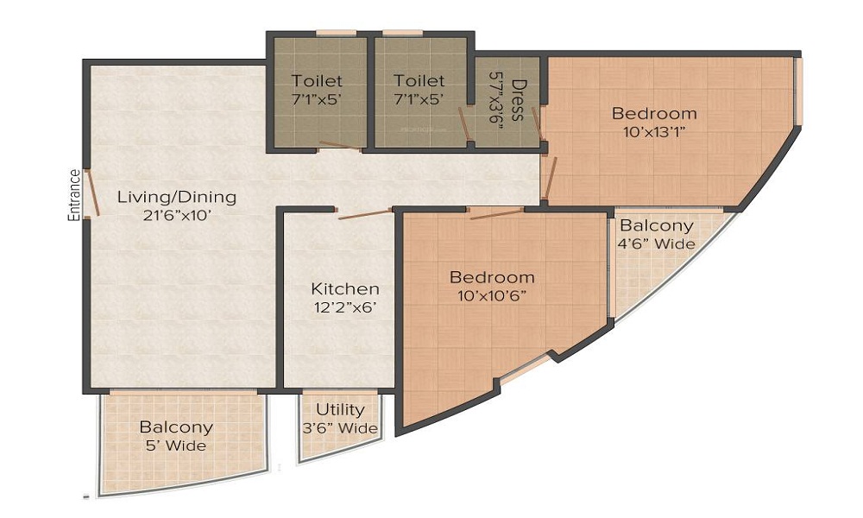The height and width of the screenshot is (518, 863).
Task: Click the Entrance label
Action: pyautogui.click(x=74, y=195)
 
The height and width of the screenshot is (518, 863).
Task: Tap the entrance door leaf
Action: pyautogui.click(x=92, y=193)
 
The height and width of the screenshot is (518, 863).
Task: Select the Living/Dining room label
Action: pyautogui.click(x=177, y=197)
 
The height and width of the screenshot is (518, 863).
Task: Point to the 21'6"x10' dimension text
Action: pyautogui.click(x=177, y=216)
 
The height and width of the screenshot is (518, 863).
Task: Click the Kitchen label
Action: pyautogui.click(x=345, y=288)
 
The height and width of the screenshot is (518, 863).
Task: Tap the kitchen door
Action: pyautogui.click(x=364, y=214)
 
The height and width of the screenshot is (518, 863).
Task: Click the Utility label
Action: pyautogui.click(x=340, y=409)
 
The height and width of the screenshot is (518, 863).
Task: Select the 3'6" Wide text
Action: pyautogui.click(x=340, y=428)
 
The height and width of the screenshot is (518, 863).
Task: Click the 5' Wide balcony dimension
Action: pyautogui.click(x=176, y=445)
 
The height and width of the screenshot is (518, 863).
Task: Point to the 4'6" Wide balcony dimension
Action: pyautogui.click(x=656, y=243)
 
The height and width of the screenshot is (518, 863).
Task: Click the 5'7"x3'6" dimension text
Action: pyautogui.click(x=497, y=100)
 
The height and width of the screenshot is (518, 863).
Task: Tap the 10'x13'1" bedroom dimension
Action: pyautogui.click(x=655, y=133)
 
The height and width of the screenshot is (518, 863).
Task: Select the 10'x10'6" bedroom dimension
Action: pyautogui.click(x=492, y=295)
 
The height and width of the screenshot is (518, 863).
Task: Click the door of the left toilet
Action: pyautogui.click(x=340, y=145)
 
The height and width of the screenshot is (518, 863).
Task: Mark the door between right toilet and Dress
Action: pyautogui.click(x=464, y=123)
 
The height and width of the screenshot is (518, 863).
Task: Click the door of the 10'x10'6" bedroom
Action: pyautogui.click(x=496, y=213)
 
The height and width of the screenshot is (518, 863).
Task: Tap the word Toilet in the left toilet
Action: pyautogui.click(x=317, y=81)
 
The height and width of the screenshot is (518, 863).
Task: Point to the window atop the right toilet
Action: pyautogui.click(x=402, y=33)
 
